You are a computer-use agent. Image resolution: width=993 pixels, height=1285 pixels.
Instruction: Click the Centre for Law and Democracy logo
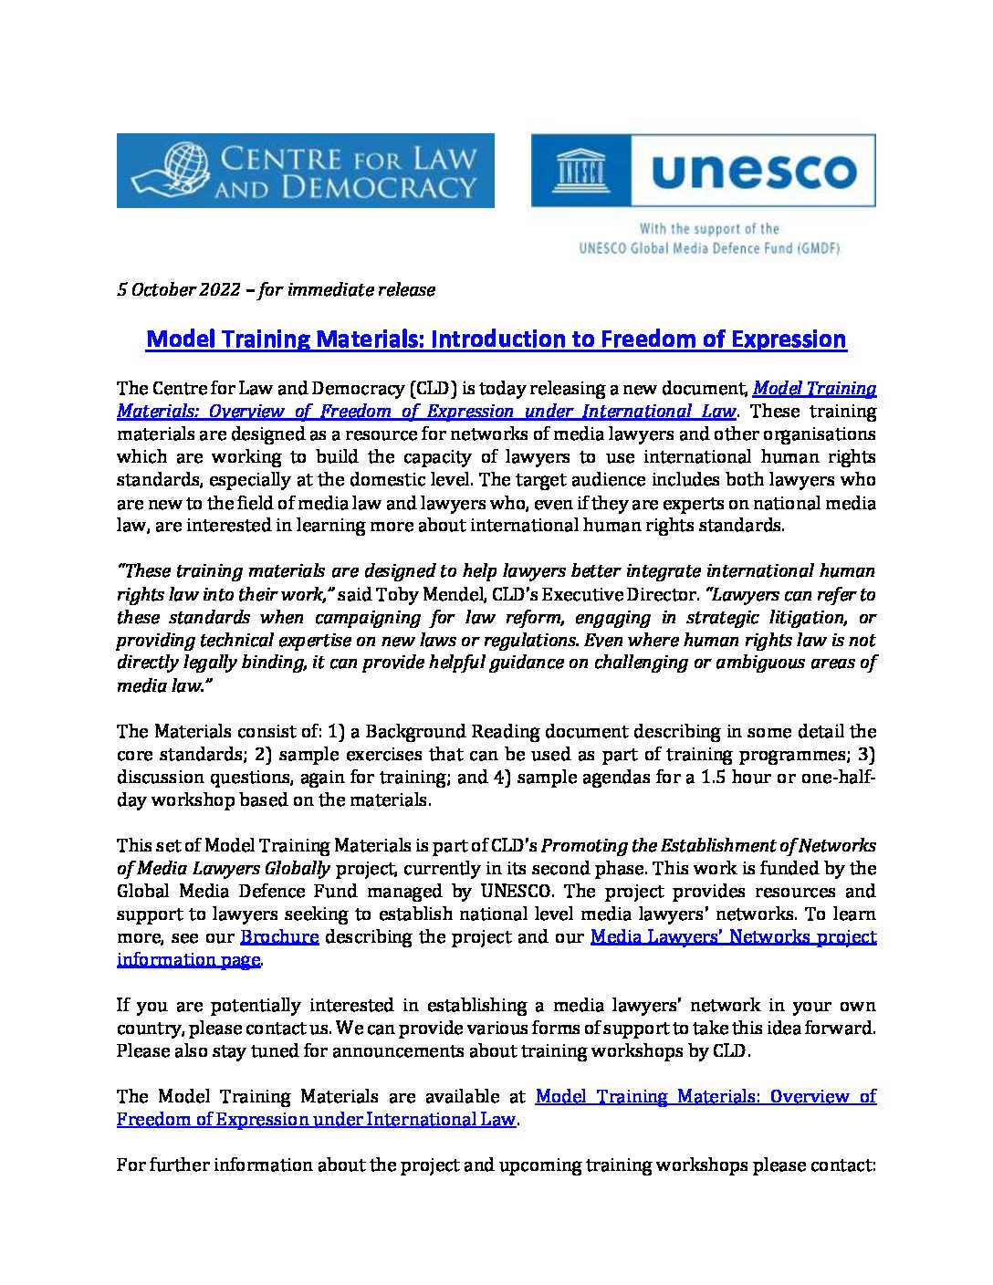point(305,171)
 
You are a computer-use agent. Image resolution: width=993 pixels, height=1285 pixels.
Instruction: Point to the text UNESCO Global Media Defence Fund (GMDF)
point(709,248)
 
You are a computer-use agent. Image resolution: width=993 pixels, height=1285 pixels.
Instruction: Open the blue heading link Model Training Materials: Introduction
point(496,340)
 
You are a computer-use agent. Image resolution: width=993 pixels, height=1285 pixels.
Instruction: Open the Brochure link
point(279,937)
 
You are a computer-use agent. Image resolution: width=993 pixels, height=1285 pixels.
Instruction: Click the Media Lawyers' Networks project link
point(733,937)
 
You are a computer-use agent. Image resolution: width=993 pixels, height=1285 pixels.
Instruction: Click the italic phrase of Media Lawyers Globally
point(225,869)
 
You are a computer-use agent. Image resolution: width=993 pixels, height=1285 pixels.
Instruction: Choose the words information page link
point(188,960)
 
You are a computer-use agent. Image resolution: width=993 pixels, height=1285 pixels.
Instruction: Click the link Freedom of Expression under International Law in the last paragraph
point(316,1120)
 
